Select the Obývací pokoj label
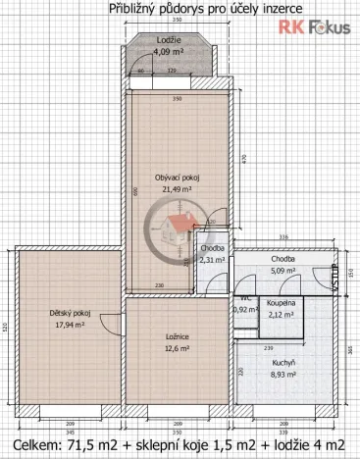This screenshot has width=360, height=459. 178,177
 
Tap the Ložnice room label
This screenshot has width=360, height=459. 177,335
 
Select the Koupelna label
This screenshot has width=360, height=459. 283,304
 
